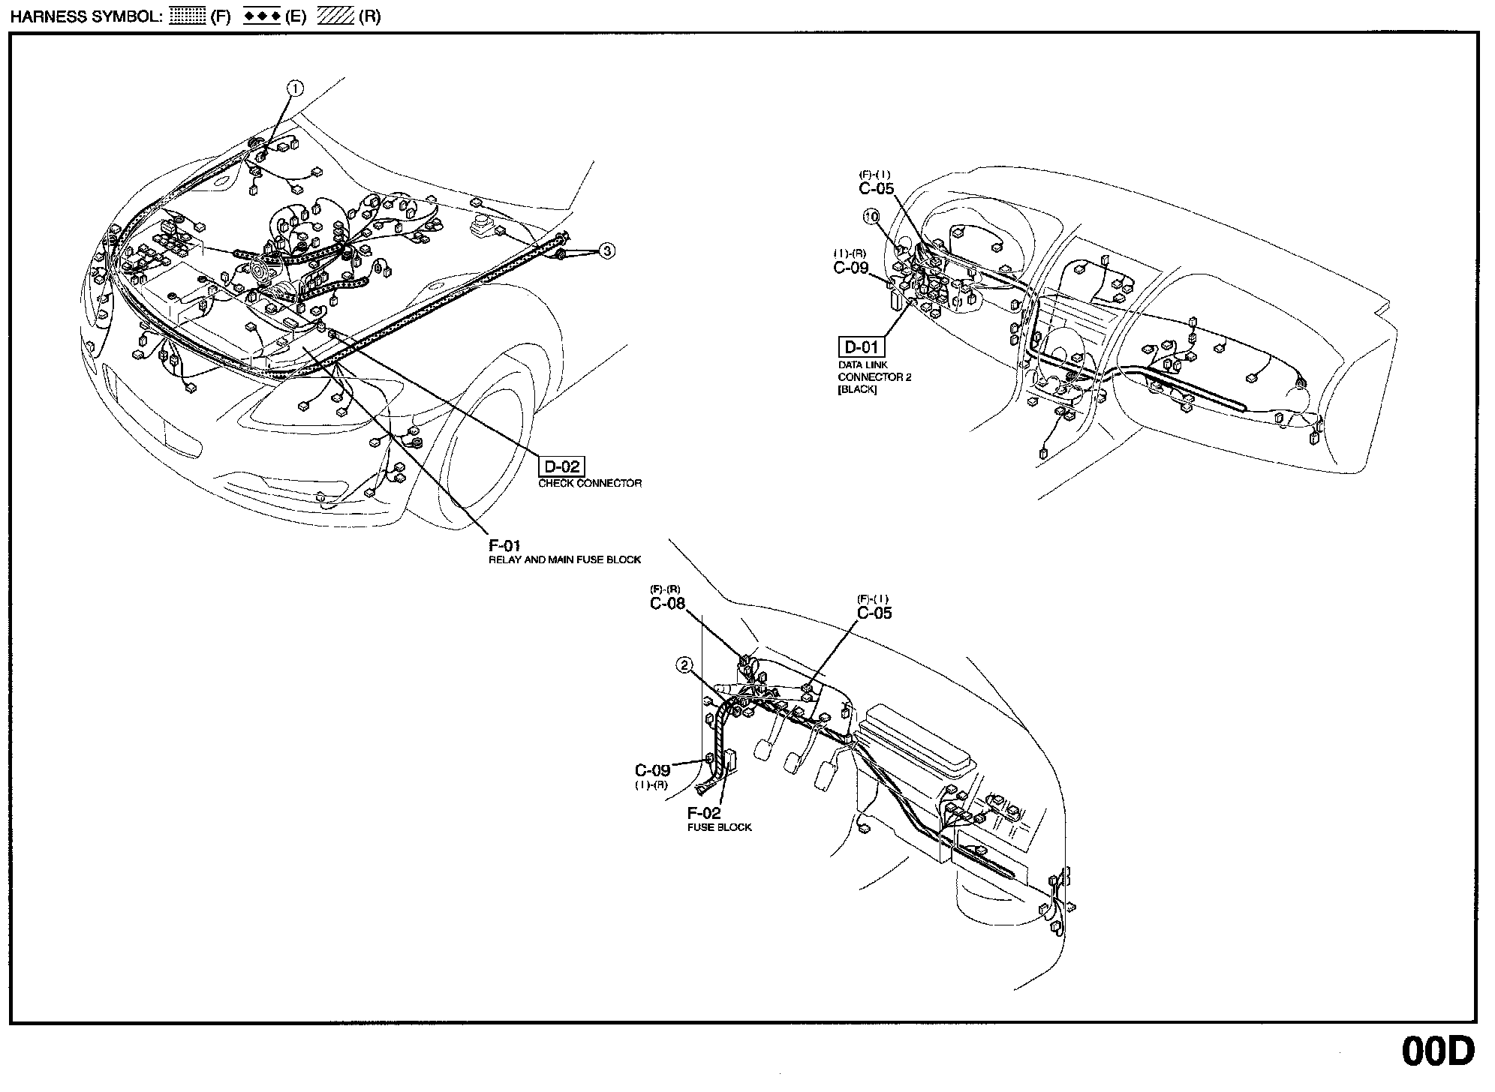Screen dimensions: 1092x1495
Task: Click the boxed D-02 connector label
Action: [x=561, y=466]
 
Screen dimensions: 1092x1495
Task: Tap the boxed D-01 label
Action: [x=861, y=347]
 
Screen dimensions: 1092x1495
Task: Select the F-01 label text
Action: [x=504, y=546]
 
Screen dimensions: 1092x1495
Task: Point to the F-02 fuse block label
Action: [x=703, y=814]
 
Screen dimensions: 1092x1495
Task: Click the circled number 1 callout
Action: [x=296, y=88]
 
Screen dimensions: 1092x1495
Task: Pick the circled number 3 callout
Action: [x=607, y=251]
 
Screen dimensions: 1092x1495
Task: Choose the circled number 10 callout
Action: [x=871, y=217]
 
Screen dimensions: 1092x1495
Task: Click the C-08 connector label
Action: [x=667, y=604]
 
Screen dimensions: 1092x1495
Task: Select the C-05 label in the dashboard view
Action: [x=876, y=189]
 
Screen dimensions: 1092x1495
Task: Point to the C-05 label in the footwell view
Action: [x=874, y=613]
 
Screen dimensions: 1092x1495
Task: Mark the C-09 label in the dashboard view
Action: [x=851, y=268]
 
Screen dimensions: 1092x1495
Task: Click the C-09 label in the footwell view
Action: [x=652, y=771]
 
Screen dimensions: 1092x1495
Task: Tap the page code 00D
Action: [x=1437, y=1051]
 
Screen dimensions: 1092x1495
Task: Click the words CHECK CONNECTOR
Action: [x=590, y=484]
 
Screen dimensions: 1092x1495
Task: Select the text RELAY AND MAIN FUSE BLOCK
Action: [x=564, y=560]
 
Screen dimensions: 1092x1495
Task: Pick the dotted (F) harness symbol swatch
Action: [x=187, y=16]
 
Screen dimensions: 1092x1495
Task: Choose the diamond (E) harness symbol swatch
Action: [x=261, y=16]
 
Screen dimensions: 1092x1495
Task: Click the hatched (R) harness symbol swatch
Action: [x=335, y=16]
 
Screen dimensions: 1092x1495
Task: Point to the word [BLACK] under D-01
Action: [x=856, y=390]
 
